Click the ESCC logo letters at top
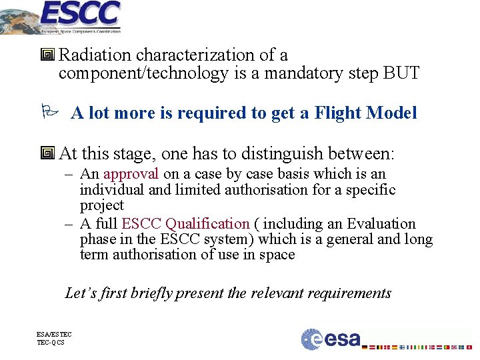coord(79,13)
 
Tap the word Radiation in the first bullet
coord(93,55)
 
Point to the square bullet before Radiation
coord(47,55)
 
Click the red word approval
coord(131,174)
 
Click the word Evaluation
coord(381,224)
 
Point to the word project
coord(102,205)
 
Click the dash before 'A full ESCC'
coord(69,224)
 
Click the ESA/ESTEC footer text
coord(55,334)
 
